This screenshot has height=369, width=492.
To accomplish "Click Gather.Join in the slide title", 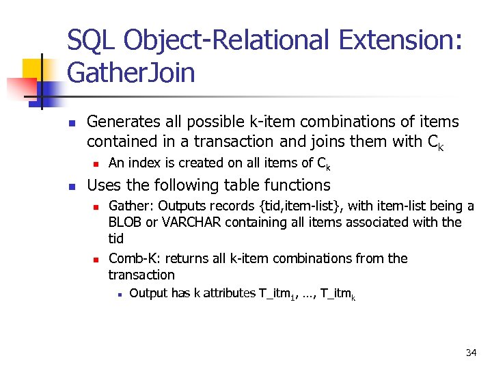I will [x=131, y=72].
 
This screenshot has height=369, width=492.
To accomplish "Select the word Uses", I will [x=102, y=185].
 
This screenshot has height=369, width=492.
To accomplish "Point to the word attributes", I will [x=225, y=293].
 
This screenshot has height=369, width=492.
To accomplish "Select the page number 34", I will [x=471, y=353].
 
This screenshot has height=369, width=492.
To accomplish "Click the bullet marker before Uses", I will [x=71, y=186].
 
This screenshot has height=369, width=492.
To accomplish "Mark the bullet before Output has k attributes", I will [x=119, y=295].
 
